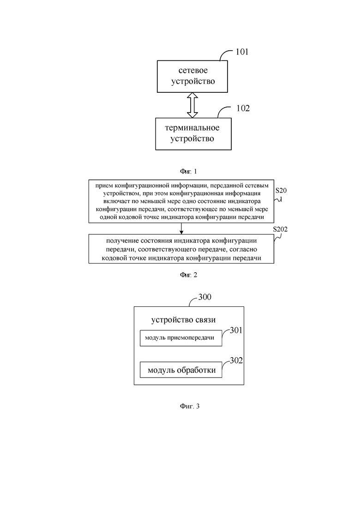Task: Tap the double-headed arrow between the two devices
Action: point(192,105)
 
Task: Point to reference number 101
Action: point(242,52)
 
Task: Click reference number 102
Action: point(243,108)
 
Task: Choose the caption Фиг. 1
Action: point(188,171)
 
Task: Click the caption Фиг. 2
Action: point(189,275)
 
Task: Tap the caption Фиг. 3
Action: point(190,406)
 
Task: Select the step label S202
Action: point(280,229)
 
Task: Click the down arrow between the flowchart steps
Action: point(181,228)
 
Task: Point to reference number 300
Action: point(205,297)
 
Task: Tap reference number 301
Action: point(236,330)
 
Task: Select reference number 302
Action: point(236,360)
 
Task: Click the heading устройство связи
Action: point(183,320)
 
